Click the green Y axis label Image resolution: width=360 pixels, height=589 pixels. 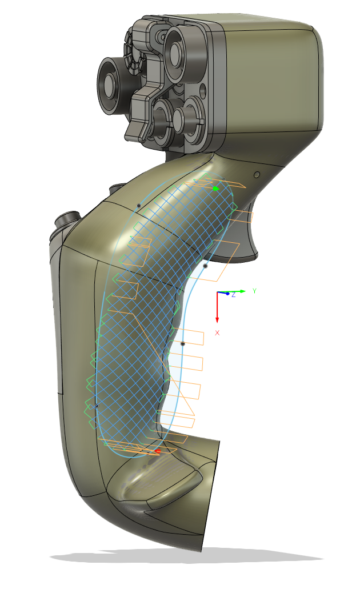[x=254, y=291]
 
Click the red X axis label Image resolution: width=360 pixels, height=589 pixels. [x=217, y=332]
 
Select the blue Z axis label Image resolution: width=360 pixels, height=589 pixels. [x=233, y=294]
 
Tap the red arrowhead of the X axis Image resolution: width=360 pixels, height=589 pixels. [x=217, y=318]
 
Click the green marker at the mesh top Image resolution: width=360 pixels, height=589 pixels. [x=215, y=189]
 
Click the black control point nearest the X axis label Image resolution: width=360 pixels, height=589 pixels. [x=183, y=344]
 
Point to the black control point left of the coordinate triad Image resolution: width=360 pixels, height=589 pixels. [x=205, y=266]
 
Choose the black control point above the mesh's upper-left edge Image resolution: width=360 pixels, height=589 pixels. [x=139, y=205]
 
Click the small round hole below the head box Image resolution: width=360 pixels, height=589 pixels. [x=257, y=174]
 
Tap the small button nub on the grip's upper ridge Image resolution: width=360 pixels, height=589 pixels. [x=117, y=189]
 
